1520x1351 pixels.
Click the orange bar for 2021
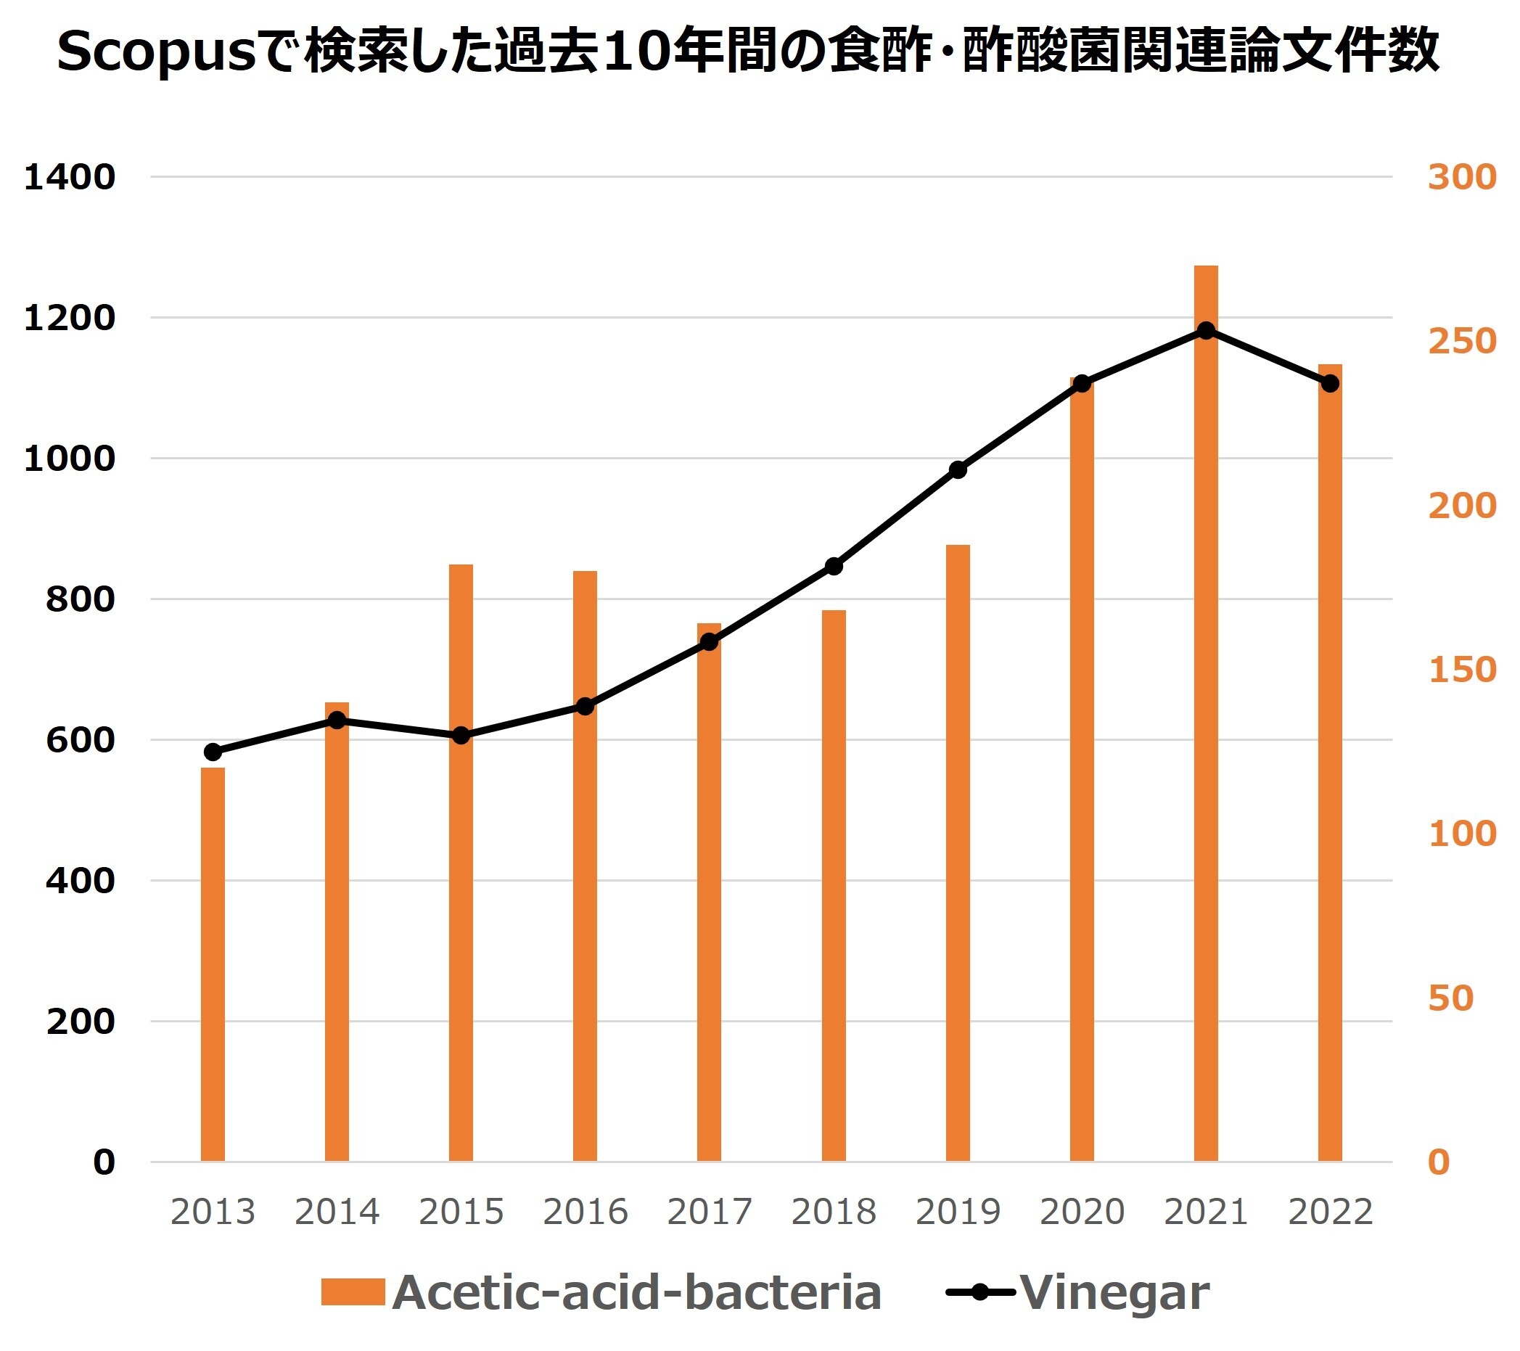(1205, 714)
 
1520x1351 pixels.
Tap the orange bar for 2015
(461, 863)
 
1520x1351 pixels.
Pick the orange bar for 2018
(834, 884)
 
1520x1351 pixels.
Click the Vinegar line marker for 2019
(958, 470)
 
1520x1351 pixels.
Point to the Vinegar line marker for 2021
(1206, 331)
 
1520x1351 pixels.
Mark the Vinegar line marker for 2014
(337, 720)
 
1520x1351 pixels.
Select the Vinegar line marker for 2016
(586, 706)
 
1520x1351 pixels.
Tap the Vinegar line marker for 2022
(1331, 384)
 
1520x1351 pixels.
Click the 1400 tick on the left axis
(70, 177)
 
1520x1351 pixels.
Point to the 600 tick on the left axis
(81, 740)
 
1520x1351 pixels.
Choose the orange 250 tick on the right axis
(1462, 341)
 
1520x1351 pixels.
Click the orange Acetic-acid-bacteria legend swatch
(353, 1292)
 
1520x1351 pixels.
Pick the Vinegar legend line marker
(979, 1292)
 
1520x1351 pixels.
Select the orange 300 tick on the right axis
(1462, 177)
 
